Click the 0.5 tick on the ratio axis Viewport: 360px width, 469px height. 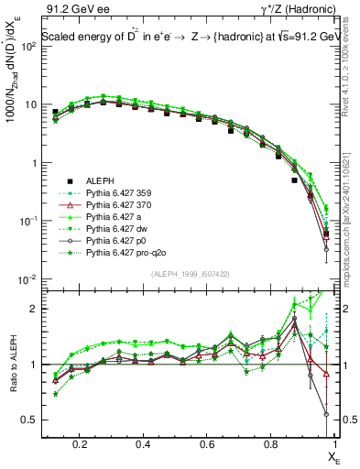tap(31, 420)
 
